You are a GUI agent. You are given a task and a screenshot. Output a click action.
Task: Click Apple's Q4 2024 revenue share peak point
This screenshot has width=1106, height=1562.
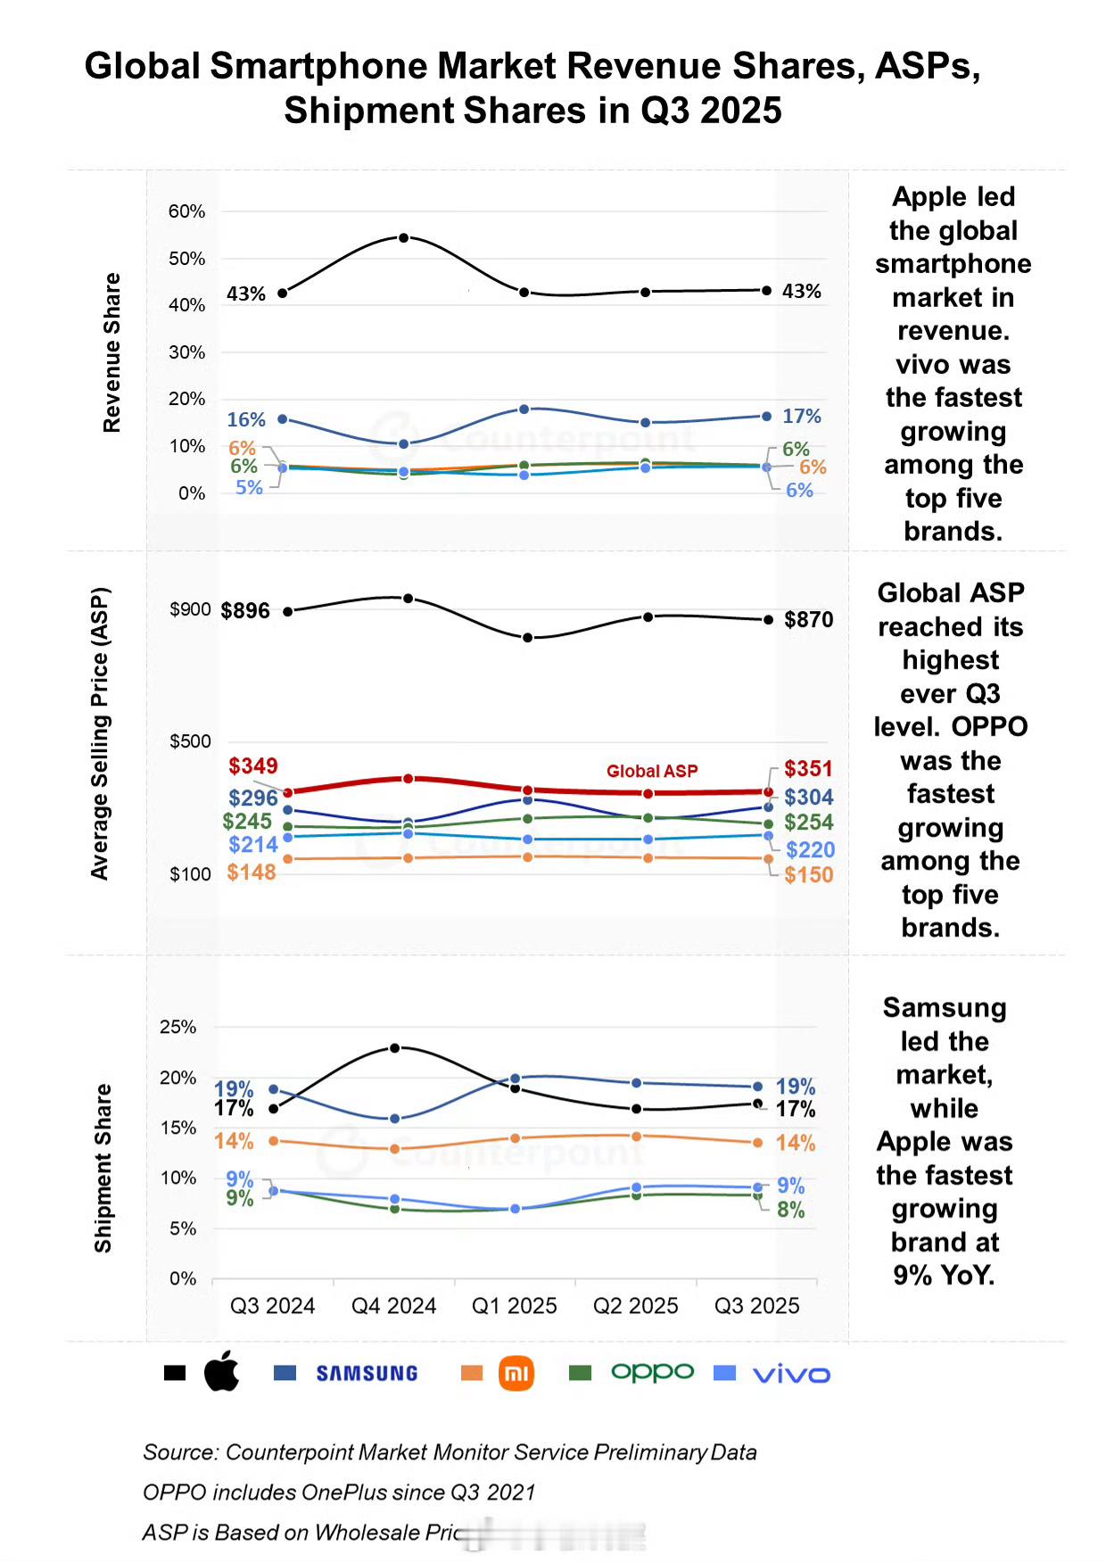tap(404, 238)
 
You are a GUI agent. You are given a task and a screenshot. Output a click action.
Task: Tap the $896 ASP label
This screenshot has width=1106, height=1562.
tap(245, 611)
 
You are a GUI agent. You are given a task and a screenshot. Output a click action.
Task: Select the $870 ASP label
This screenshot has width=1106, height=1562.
tap(808, 620)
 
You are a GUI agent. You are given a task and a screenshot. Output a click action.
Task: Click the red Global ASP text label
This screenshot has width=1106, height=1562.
tap(652, 772)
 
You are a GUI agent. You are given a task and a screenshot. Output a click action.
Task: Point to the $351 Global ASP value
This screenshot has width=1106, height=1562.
tap(808, 769)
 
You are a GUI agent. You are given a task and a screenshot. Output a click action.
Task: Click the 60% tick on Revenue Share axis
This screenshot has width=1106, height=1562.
tap(186, 211)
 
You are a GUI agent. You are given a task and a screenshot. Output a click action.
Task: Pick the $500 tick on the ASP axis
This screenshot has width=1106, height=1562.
tap(190, 741)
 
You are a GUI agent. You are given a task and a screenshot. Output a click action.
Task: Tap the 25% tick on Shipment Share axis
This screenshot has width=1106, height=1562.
tap(177, 1027)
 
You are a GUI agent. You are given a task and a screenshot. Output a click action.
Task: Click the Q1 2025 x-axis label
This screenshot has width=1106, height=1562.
tap(514, 1306)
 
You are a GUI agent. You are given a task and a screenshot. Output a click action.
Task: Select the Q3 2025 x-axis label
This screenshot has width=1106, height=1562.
tap(756, 1306)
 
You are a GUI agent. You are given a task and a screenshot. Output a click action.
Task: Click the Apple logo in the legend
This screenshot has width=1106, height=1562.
tap(222, 1371)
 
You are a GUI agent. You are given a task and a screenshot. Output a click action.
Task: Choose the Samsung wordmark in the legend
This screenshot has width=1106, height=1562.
tap(367, 1374)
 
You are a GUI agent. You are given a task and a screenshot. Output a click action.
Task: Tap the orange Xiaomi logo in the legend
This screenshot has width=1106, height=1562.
tap(516, 1373)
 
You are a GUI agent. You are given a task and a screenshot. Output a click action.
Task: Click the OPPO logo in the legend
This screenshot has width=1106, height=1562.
tap(652, 1372)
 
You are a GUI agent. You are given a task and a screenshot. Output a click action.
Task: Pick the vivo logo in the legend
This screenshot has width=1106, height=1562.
tap(791, 1375)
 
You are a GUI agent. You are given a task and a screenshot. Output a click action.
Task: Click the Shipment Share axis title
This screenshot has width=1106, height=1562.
tap(103, 1168)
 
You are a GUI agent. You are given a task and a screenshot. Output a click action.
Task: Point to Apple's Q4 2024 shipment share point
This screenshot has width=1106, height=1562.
tap(395, 1048)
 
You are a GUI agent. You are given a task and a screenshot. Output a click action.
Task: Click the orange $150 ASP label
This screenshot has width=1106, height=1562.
tap(808, 875)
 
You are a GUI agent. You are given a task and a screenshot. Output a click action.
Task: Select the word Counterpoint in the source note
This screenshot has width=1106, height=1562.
tap(290, 1452)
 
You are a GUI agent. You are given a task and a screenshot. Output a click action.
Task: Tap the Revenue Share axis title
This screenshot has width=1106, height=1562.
tap(111, 352)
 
